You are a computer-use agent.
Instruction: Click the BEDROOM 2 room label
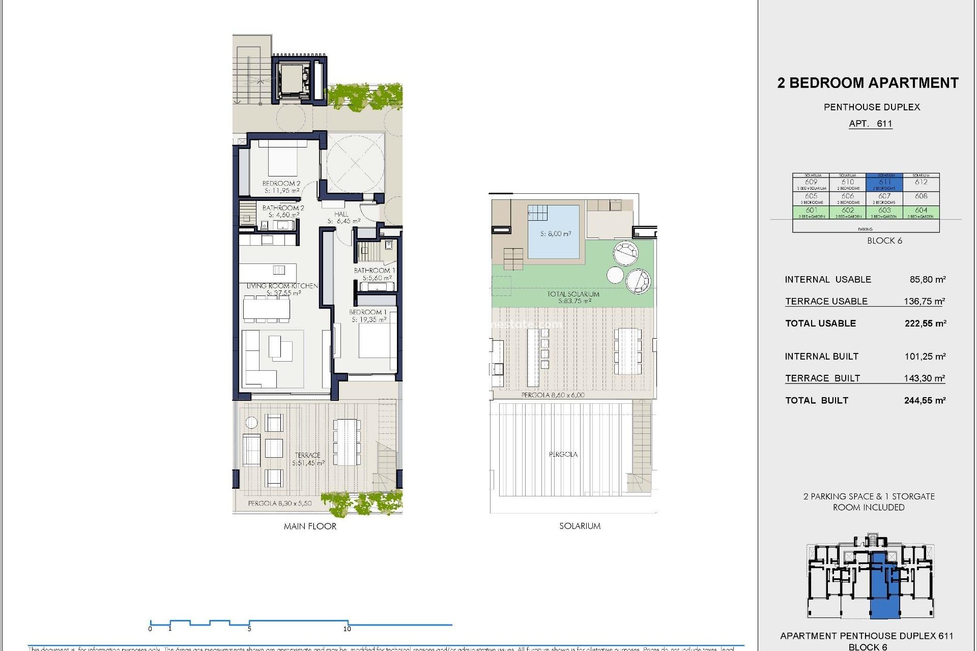281,184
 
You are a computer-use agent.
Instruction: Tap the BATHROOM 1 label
374,271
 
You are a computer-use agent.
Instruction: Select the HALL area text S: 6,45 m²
344,221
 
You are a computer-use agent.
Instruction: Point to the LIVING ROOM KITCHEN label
282,286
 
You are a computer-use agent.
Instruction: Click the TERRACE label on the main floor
307,455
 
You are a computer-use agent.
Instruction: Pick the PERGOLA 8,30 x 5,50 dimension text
279,503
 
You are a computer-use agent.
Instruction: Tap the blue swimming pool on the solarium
554,232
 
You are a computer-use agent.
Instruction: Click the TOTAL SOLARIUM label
573,294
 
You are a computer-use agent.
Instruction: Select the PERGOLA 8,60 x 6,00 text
553,395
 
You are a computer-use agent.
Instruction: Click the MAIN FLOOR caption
310,526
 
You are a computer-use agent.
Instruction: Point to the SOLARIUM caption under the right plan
580,526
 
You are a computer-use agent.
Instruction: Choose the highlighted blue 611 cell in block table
884,183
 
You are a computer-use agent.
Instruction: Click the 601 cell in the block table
811,211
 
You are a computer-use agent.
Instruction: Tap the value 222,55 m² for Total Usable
925,323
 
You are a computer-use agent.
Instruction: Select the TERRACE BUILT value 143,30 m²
924,378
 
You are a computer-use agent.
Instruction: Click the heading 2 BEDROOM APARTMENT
868,83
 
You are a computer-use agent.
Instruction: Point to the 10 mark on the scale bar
348,628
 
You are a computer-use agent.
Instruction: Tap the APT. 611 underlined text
870,124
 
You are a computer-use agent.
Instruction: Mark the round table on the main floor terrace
251,422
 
